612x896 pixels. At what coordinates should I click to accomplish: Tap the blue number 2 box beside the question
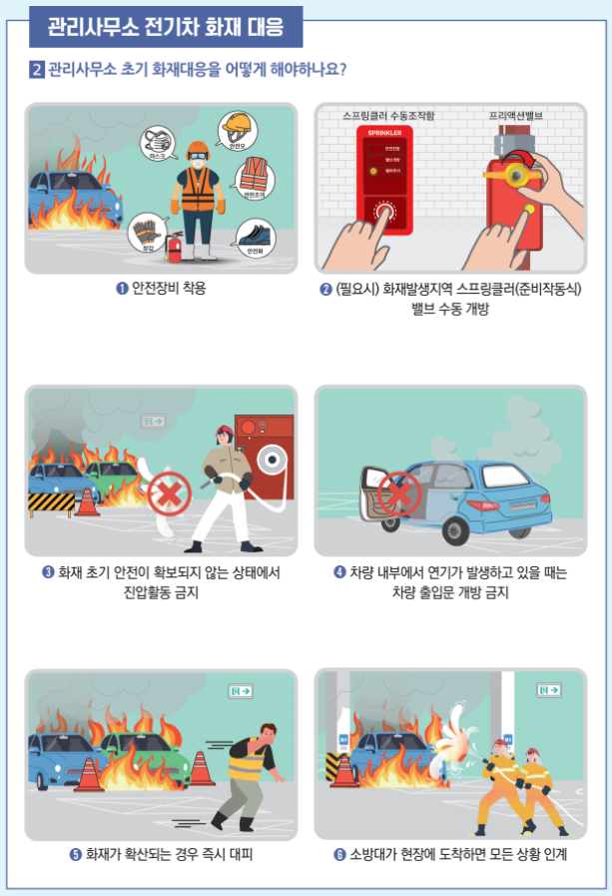pyautogui.click(x=37, y=70)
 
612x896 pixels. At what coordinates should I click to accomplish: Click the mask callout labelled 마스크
pyautogui.click(x=156, y=144)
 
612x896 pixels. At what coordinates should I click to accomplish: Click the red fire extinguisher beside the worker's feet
pyautogui.click(x=175, y=246)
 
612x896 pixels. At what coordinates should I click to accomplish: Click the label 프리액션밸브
pyautogui.click(x=515, y=116)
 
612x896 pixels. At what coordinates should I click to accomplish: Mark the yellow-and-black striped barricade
pyautogui.click(x=50, y=501)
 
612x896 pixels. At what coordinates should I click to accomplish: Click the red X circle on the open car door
pyautogui.click(x=398, y=491)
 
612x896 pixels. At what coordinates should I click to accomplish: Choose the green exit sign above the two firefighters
pyautogui.click(x=549, y=689)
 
